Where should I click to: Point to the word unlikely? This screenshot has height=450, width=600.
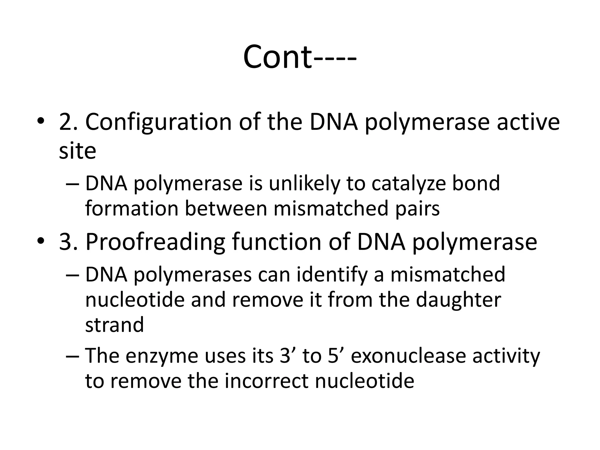304,183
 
